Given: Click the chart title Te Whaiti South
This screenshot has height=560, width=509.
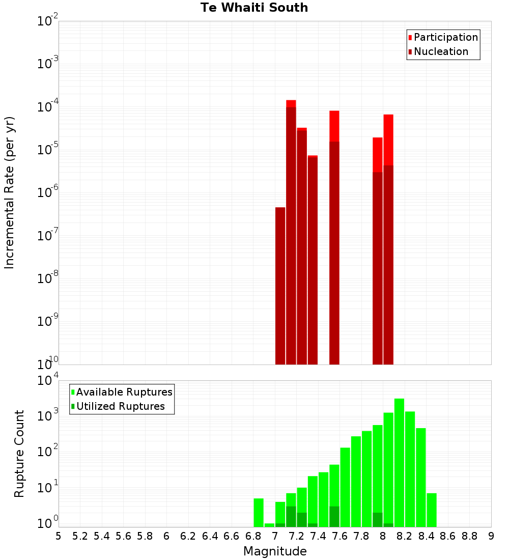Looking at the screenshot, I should (x=254, y=8).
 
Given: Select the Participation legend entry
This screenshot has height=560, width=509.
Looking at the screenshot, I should (x=446, y=37).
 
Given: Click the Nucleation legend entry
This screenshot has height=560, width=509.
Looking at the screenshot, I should (x=441, y=51).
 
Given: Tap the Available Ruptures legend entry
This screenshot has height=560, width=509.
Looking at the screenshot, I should (x=124, y=392).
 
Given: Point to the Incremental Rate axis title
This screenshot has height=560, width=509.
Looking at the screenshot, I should (x=10, y=192).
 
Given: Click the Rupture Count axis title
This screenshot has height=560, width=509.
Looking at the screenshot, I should (x=19, y=454).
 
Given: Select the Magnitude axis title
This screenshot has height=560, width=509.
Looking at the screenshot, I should (x=275, y=551).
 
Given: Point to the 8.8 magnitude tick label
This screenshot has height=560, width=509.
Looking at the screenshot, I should (x=469, y=536).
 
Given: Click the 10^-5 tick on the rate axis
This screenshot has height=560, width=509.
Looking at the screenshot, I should (x=47, y=150).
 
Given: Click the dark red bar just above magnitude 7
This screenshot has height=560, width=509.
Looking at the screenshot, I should (x=280, y=285).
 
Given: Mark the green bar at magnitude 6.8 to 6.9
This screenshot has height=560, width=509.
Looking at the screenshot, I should (x=259, y=512).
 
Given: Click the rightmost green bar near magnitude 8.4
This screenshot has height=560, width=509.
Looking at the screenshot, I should (x=432, y=510).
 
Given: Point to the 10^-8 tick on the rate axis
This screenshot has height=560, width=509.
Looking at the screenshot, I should (x=47, y=278).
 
